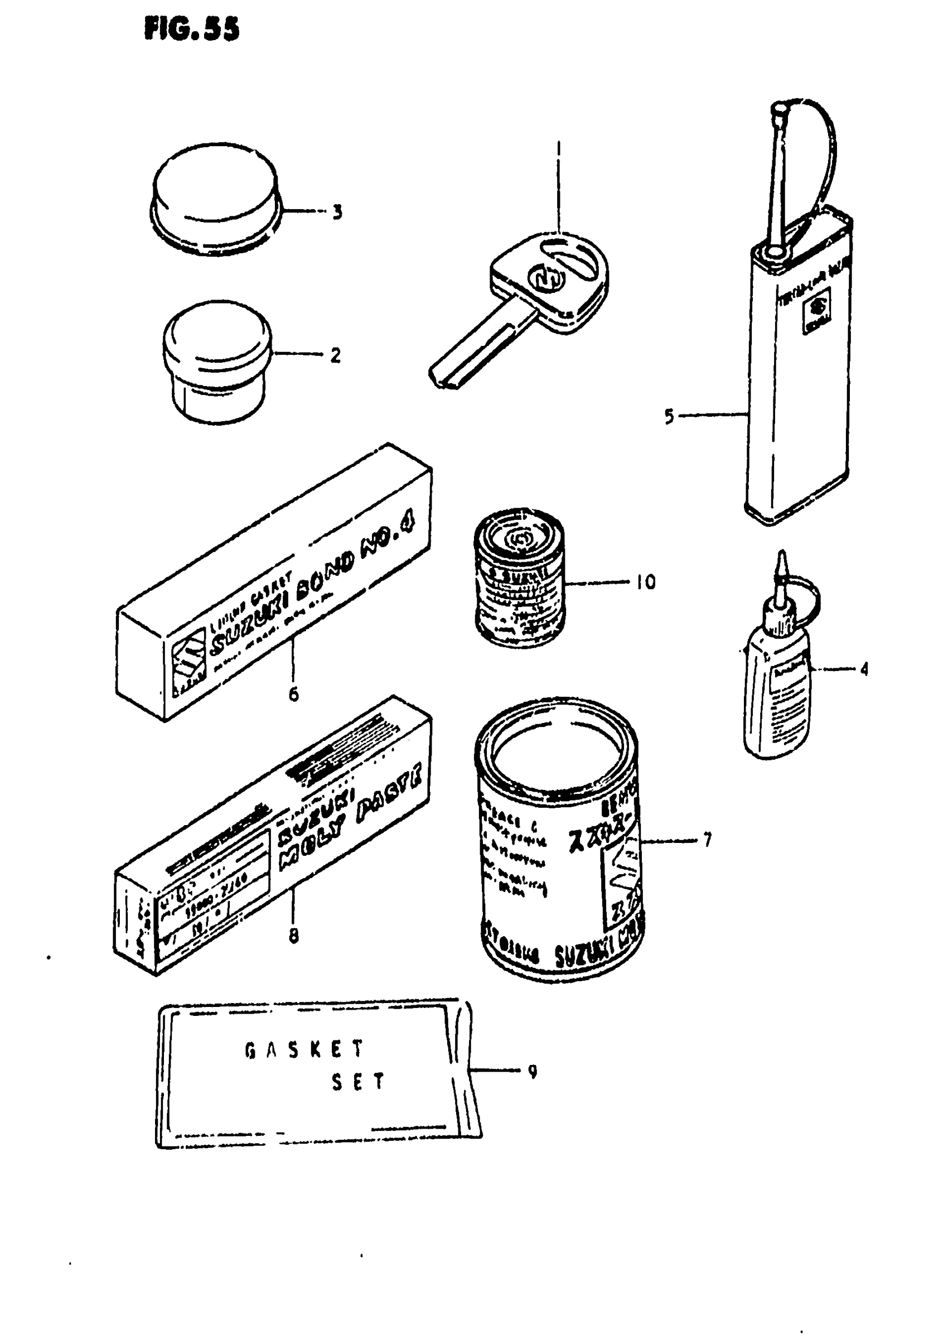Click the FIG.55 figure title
pos(191,28)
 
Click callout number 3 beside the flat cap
pos(337,212)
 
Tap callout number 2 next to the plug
pos(335,355)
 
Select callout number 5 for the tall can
pos(669,416)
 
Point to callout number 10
pos(646,581)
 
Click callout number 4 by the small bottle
pos(864,668)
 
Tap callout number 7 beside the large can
pos(708,840)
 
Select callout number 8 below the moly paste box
pos(294,936)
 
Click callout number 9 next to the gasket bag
pos(532,1072)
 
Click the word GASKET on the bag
pos(304,1049)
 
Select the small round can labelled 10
pos(519,578)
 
